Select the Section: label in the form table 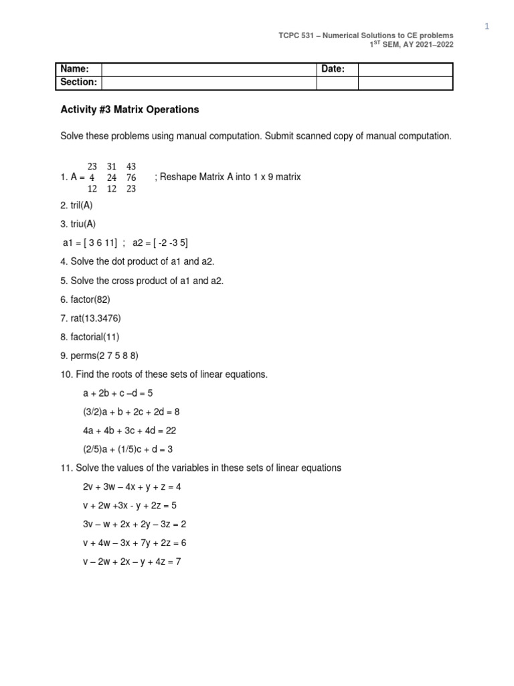point(78,82)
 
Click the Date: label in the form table point(333,69)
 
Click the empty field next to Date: point(406,69)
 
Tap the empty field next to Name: point(208,69)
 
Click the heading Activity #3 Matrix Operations point(130,109)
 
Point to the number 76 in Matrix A point(131,178)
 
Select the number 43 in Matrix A point(131,166)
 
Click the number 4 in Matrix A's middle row point(92,178)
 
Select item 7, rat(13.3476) point(88,318)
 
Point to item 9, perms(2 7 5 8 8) point(99,356)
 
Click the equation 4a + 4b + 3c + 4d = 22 point(129,431)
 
